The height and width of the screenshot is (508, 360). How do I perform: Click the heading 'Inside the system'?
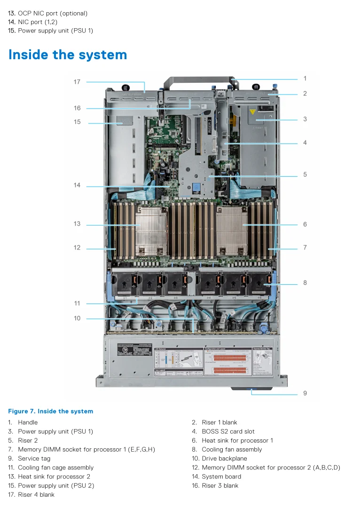68,55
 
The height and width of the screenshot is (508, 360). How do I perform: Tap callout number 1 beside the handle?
305,78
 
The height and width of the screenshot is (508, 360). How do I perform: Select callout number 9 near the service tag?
305,393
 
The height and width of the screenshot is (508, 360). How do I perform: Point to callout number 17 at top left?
77,82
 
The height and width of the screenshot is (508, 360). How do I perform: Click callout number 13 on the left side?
77,224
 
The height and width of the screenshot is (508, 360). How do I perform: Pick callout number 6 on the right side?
305,225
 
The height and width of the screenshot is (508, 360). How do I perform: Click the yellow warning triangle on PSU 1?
253,112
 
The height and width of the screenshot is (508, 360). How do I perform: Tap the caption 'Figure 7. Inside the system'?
50,411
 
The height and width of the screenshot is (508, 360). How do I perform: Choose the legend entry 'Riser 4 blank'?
36,494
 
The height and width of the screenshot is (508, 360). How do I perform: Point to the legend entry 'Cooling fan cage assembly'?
55,467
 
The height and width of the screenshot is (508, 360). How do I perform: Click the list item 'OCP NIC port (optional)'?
52,14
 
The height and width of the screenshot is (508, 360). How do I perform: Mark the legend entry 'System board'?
221,476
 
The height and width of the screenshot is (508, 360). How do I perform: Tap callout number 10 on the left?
77,318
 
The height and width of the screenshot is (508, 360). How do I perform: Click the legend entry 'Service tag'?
34,458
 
